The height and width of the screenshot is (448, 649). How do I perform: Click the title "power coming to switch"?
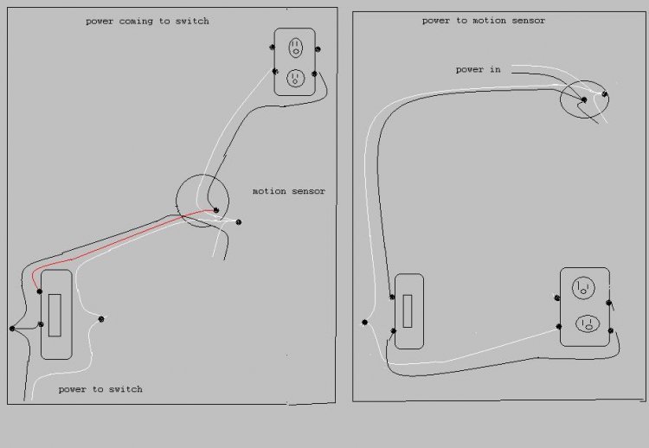pos(147,21)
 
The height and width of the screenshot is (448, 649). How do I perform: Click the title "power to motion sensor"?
pos(484,21)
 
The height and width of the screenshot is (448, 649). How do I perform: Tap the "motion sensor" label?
pos(289,191)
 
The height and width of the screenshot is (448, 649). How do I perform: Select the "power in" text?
pos(478,69)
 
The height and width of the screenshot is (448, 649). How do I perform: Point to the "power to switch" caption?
pos(100,389)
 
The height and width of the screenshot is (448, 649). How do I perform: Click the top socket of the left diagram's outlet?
pos(296,48)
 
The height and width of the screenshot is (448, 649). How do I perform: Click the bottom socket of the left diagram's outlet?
pos(296,78)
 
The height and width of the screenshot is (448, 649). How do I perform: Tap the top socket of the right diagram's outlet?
pos(583,288)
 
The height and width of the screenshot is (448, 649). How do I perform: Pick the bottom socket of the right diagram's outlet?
pos(588,323)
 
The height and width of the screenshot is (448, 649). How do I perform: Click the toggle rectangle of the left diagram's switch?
pos(55,315)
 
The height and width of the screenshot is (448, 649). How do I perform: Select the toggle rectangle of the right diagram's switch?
pos(408,311)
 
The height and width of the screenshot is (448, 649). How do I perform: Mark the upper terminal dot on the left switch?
pos(39,291)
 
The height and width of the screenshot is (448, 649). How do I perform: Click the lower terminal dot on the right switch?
pos(393,331)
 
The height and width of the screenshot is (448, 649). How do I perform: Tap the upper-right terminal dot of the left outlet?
pos(318,49)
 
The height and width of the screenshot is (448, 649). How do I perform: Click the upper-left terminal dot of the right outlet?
pos(557,298)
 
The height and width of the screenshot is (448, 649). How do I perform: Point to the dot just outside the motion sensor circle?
pos(239,222)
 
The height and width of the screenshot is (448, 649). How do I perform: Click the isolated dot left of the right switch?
pos(364,323)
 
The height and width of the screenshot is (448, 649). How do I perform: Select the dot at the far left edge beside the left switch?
pos(12,329)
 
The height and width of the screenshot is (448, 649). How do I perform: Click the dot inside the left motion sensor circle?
pos(215,210)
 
